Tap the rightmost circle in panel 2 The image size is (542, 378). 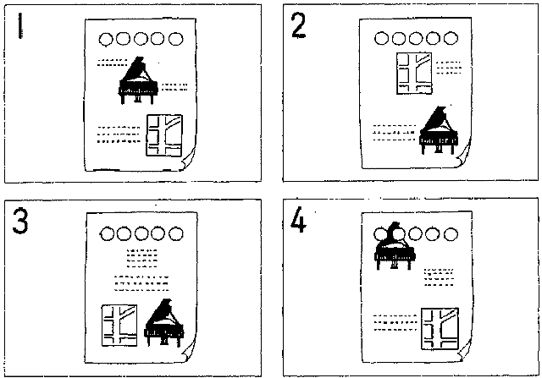(x=452, y=38)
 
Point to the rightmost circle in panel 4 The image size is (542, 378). (x=452, y=231)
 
